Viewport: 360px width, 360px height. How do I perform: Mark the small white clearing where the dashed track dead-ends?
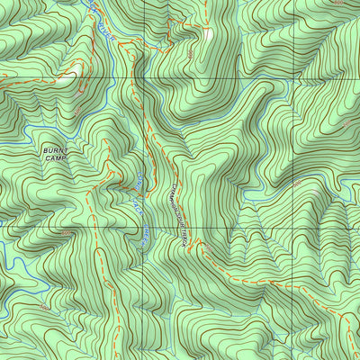point(210,34)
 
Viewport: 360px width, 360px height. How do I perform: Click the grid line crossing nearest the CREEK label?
point(143,227)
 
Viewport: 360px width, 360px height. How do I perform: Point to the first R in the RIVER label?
point(97,24)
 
